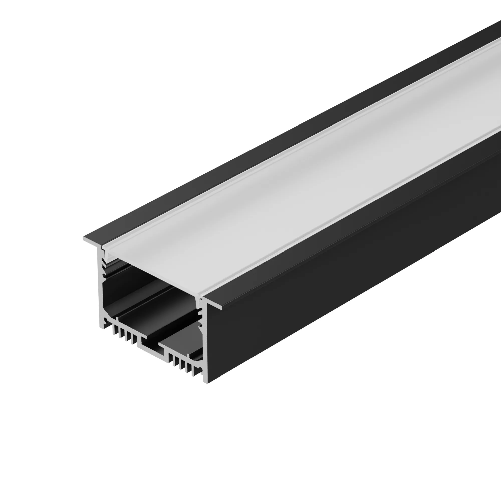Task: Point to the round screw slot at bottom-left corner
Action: tap(106, 322)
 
